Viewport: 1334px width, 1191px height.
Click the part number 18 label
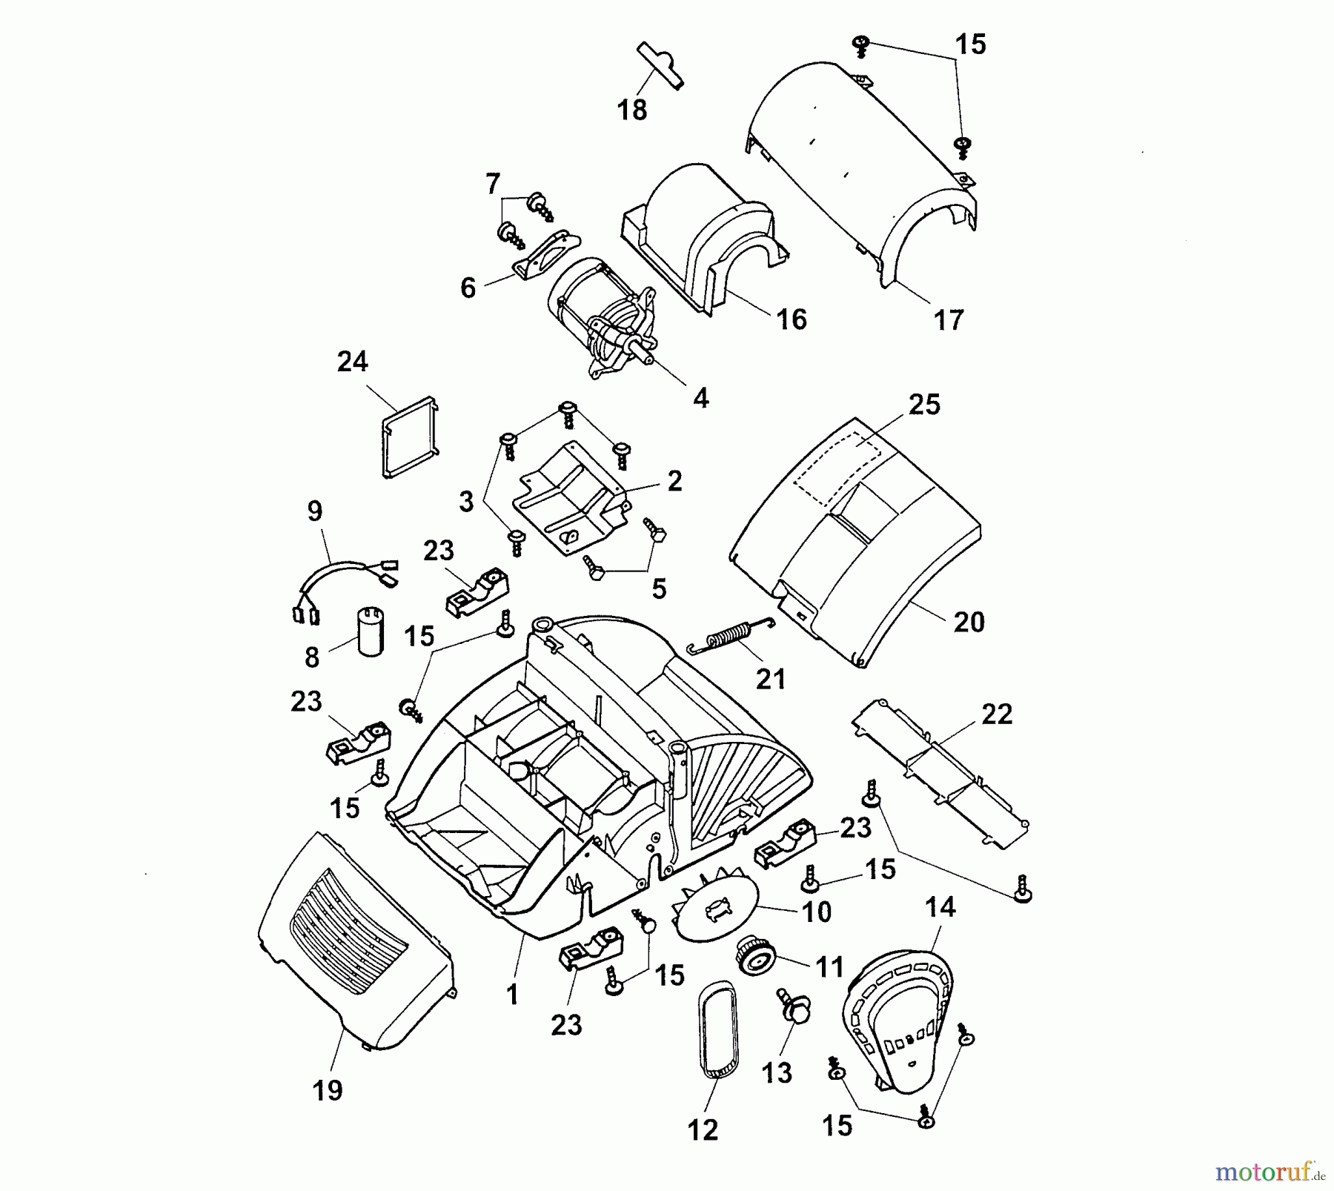(x=632, y=110)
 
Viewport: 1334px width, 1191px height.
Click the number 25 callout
(x=924, y=405)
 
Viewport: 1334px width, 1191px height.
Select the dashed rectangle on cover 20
(x=838, y=459)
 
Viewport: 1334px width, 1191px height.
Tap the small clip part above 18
(x=660, y=65)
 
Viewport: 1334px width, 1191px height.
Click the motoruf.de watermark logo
(x=1270, y=1172)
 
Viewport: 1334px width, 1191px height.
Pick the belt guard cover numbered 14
(x=898, y=1019)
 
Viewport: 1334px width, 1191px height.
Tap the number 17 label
(x=949, y=320)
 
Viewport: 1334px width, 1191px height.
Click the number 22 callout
(x=997, y=714)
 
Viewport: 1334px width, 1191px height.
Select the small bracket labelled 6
(x=545, y=255)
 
